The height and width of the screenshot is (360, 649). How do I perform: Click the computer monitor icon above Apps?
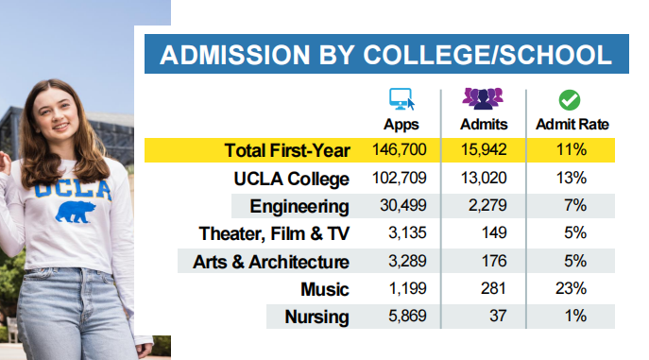coord(401,99)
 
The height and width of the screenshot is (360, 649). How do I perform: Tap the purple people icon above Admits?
coord(483,98)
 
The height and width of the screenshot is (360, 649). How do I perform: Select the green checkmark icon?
coord(570,100)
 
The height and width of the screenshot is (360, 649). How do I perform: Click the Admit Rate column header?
coord(572,124)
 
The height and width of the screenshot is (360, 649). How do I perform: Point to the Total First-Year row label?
coord(287,150)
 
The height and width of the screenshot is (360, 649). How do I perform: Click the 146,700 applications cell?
coord(399,149)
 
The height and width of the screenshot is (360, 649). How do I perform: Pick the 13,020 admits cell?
coord(484,178)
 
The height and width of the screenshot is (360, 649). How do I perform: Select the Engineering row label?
coord(299,206)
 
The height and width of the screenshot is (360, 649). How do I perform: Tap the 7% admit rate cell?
coord(575,205)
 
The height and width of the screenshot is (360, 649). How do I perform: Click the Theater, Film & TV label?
coord(274,233)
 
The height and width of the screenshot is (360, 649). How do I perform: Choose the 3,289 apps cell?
coord(407,261)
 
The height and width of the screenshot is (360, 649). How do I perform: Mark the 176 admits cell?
coord(494,261)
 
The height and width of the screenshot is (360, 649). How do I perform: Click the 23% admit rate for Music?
coord(572,288)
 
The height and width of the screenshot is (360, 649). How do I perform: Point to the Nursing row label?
coord(317,317)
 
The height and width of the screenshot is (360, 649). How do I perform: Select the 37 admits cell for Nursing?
coord(498,317)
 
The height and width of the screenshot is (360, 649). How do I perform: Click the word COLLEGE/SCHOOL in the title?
coord(487,55)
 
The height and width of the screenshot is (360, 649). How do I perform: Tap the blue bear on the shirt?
coord(76,212)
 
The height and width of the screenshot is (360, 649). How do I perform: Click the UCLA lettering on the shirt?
coord(73,190)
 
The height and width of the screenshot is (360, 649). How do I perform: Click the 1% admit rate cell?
coord(575,317)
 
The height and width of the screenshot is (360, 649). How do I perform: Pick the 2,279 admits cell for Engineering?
coord(487,205)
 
